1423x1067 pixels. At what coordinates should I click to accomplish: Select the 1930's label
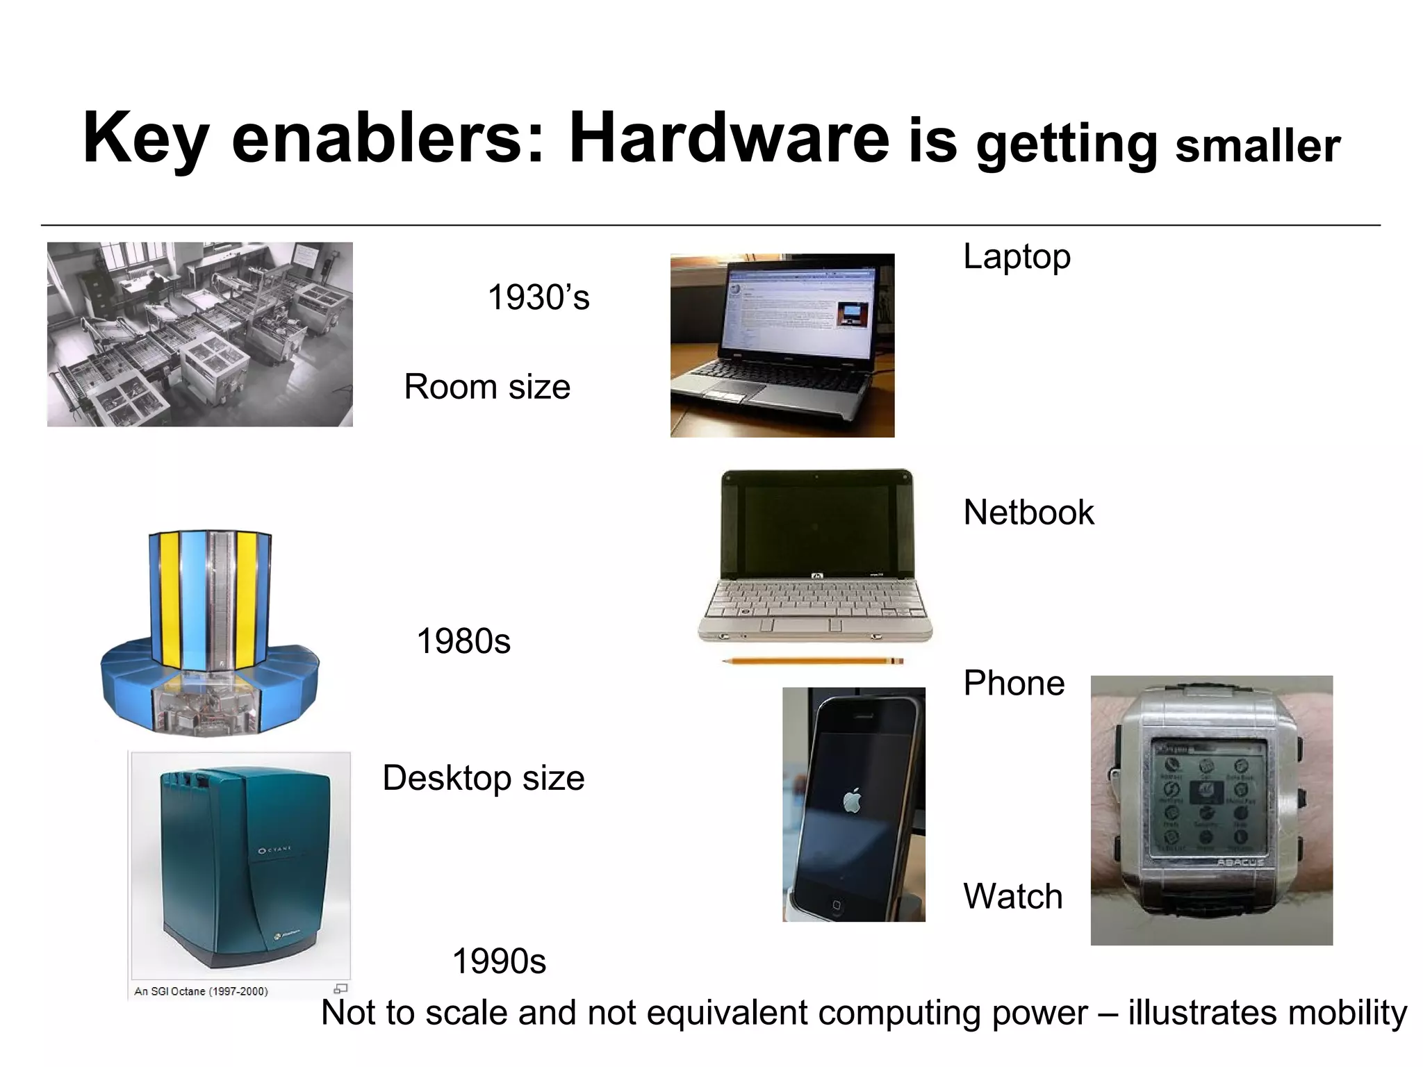tap(538, 297)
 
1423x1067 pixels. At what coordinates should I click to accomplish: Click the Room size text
tap(486, 386)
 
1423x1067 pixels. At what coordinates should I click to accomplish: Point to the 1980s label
tap(463, 640)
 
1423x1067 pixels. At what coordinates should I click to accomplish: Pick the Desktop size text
tap(483, 777)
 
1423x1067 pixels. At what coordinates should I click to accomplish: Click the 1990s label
tap(499, 961)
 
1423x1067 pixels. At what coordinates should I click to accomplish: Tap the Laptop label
tap(1017, 256)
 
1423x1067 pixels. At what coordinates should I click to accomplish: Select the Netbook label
tap(1028, 513)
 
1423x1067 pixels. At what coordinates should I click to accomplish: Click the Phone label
tap(1014, 683)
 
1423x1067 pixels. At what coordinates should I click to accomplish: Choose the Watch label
tap(1012, 896)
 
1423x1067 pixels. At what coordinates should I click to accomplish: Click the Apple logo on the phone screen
tap(852, 800)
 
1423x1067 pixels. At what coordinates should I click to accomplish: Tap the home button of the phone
tap(837, 904)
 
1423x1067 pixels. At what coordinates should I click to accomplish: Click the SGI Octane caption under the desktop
tap(201, 991)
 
